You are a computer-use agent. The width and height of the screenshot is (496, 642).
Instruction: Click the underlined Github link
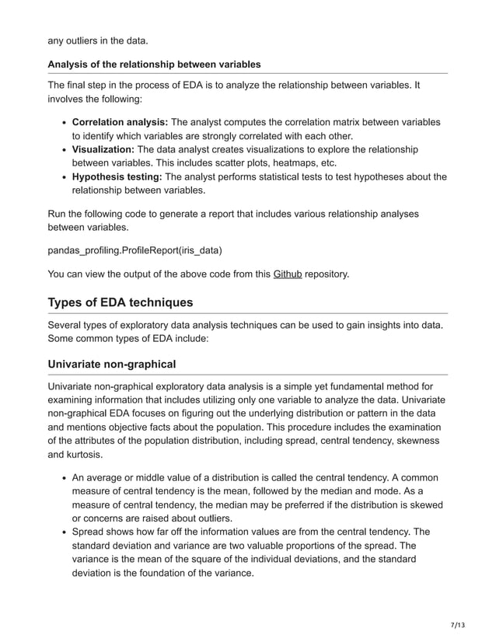tap(287, 274)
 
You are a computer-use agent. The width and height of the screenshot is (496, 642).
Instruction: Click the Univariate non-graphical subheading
tap(111, 363)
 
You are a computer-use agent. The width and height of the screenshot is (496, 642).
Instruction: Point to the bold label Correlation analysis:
tap(120, 122)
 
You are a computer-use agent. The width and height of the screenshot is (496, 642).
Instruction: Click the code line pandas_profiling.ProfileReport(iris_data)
tap(134, 250)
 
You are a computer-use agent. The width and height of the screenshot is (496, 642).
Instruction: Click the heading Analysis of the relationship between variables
tap(154, 64)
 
